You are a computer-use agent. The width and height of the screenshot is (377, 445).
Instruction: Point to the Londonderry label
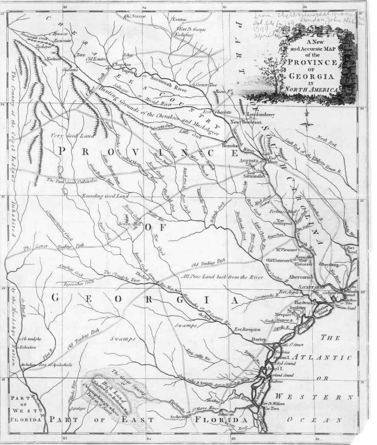[261, 115]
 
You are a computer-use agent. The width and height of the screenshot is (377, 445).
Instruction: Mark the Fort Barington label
[245, 329]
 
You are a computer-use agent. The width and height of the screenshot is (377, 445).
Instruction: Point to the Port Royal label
[351, 249]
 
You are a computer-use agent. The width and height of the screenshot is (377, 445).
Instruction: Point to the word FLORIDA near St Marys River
[221, 420]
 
